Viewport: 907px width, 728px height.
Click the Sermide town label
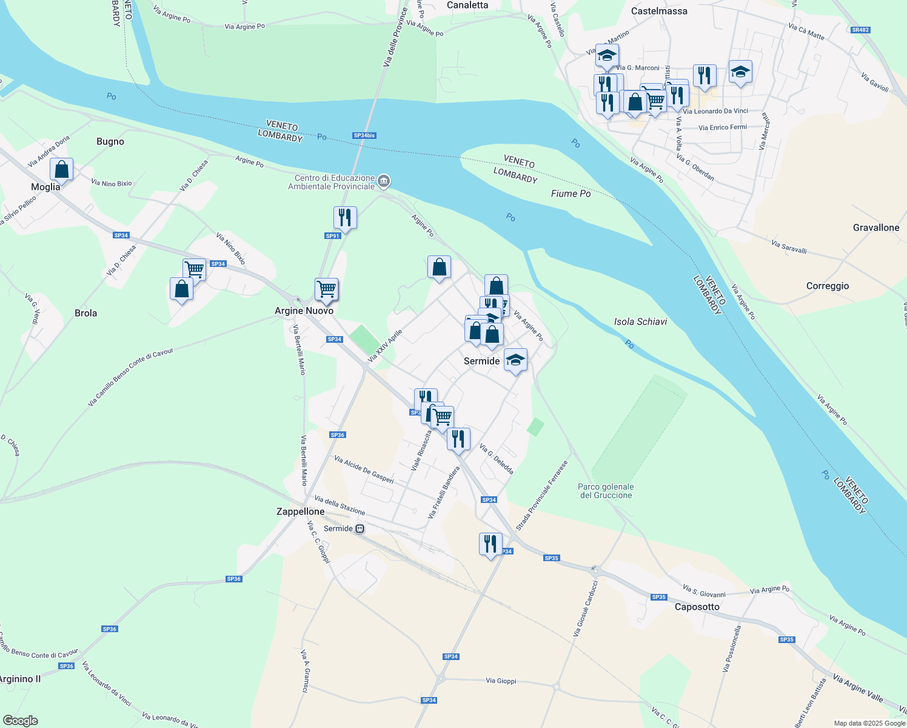coord(481,361)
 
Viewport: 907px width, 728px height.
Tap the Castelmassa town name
coord(659,11)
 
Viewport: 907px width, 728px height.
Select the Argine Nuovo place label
coord(304,311)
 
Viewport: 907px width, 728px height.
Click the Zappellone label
coord(300,511)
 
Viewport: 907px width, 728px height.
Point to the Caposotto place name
coord(697,607)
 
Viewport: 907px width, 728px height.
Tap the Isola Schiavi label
coord(640,322)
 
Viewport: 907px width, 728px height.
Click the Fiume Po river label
coord(571,194)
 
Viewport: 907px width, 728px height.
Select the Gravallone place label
coord(875,227)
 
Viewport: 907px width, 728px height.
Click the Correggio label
coord(827,286)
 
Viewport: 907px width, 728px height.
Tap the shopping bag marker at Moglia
coord(62,170)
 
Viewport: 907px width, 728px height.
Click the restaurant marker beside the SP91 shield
coord(345,217)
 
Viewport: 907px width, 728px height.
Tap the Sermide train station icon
coord(360,528)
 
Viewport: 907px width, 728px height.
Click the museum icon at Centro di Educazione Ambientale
coord(384,181)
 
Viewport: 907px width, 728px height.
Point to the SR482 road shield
coord(860,30)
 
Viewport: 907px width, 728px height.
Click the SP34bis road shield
coord(364,135)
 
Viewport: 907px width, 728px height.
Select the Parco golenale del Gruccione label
coord(606,491)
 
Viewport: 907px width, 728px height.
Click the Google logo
coord(21,721)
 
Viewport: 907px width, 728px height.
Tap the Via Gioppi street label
coord(501,681)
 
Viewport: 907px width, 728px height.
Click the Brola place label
coord(85,313)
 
